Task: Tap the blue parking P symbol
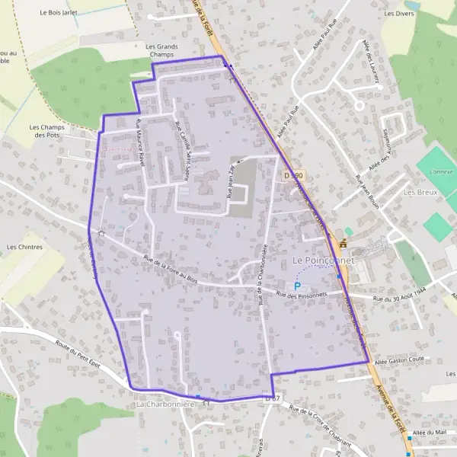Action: tap(297, 286)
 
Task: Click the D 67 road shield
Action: tap(273, 398)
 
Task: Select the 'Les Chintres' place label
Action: tap(24, 247)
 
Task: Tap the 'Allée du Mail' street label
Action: tap(427, 433)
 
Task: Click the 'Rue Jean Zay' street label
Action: tap(232, 184)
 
